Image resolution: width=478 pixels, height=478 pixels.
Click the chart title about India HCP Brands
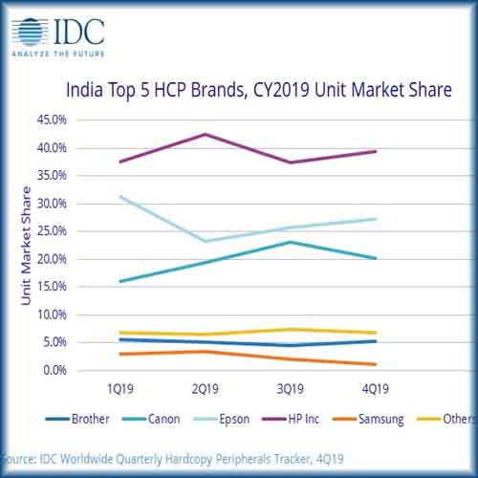point(257,92)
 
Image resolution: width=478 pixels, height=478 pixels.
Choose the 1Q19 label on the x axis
point(120,390)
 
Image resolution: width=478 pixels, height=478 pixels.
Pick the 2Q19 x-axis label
point(206,390)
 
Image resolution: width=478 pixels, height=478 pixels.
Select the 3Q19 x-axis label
point(292,390)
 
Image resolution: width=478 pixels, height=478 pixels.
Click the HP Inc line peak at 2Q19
point(206,134)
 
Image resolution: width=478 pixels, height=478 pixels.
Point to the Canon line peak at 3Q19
point(292,242)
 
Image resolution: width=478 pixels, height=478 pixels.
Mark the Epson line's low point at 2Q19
point(206,241)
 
